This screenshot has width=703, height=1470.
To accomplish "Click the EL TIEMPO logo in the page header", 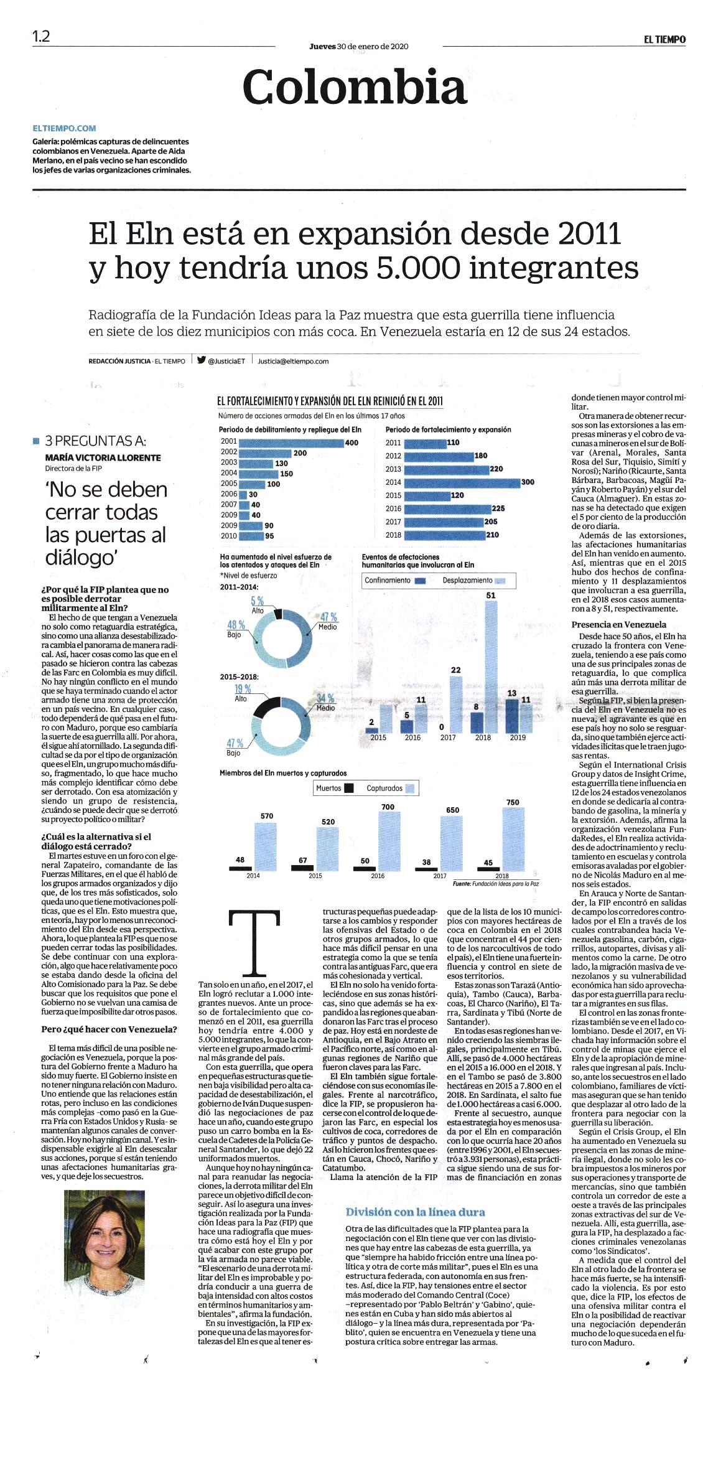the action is tap(664, 39).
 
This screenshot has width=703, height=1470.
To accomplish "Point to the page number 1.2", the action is tap(41, 36).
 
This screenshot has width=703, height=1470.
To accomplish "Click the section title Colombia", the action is tap(355, 87).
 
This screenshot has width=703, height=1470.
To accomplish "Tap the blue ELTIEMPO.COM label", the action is tap(64, 128).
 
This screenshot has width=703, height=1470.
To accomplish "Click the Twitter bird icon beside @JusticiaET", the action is tap(201, 359).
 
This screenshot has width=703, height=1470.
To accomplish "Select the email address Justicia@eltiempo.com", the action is tap(293, 361).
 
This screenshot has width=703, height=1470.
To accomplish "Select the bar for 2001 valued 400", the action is tap(291, 442).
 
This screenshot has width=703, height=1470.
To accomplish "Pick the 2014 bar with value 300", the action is tap(462, 482).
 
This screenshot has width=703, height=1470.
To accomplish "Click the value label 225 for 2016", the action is tap(498, 508).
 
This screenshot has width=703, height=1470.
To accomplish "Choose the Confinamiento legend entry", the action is tap(394, 581).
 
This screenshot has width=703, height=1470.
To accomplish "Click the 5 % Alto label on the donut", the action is tap(258, 604).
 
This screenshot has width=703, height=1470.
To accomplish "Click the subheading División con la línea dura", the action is tap(416, 1212).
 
